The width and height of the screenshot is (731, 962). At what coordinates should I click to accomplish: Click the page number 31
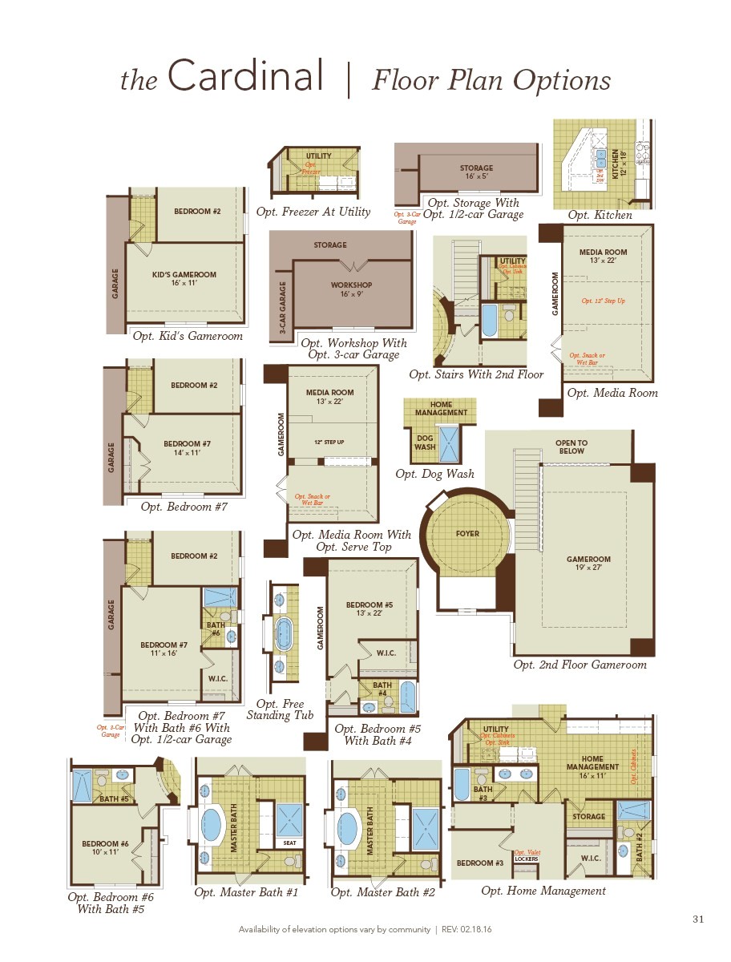[x=697, y=919]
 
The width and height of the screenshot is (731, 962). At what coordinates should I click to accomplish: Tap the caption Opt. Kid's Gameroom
[x=188, y=336]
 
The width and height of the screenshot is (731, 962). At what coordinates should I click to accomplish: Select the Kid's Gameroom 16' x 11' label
[x=184, y=279]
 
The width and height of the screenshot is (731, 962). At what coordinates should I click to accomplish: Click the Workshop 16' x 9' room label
[x=352, y=289]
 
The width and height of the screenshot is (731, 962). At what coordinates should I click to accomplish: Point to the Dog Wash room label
[x=425, y=442]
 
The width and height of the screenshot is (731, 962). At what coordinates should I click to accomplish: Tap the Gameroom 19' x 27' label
[x=588, y=564]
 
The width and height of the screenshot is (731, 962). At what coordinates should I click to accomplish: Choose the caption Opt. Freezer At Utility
[x=313, y=212]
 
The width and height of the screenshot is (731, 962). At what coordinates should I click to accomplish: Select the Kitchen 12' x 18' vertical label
[x=619, y=164]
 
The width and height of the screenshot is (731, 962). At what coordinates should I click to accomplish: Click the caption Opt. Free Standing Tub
[x=281, y=709]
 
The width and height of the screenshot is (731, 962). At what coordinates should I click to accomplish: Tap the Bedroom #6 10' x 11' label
[x=105, y=848]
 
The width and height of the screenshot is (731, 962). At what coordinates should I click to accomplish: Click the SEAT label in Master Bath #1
[x=289, y=843]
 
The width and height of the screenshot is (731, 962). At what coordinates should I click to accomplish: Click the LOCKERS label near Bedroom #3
[x=526, y=859]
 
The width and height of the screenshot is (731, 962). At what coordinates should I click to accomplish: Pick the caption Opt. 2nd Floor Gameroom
[x=580, y=665]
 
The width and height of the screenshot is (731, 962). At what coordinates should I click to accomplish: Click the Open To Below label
[x=571, y=447]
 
